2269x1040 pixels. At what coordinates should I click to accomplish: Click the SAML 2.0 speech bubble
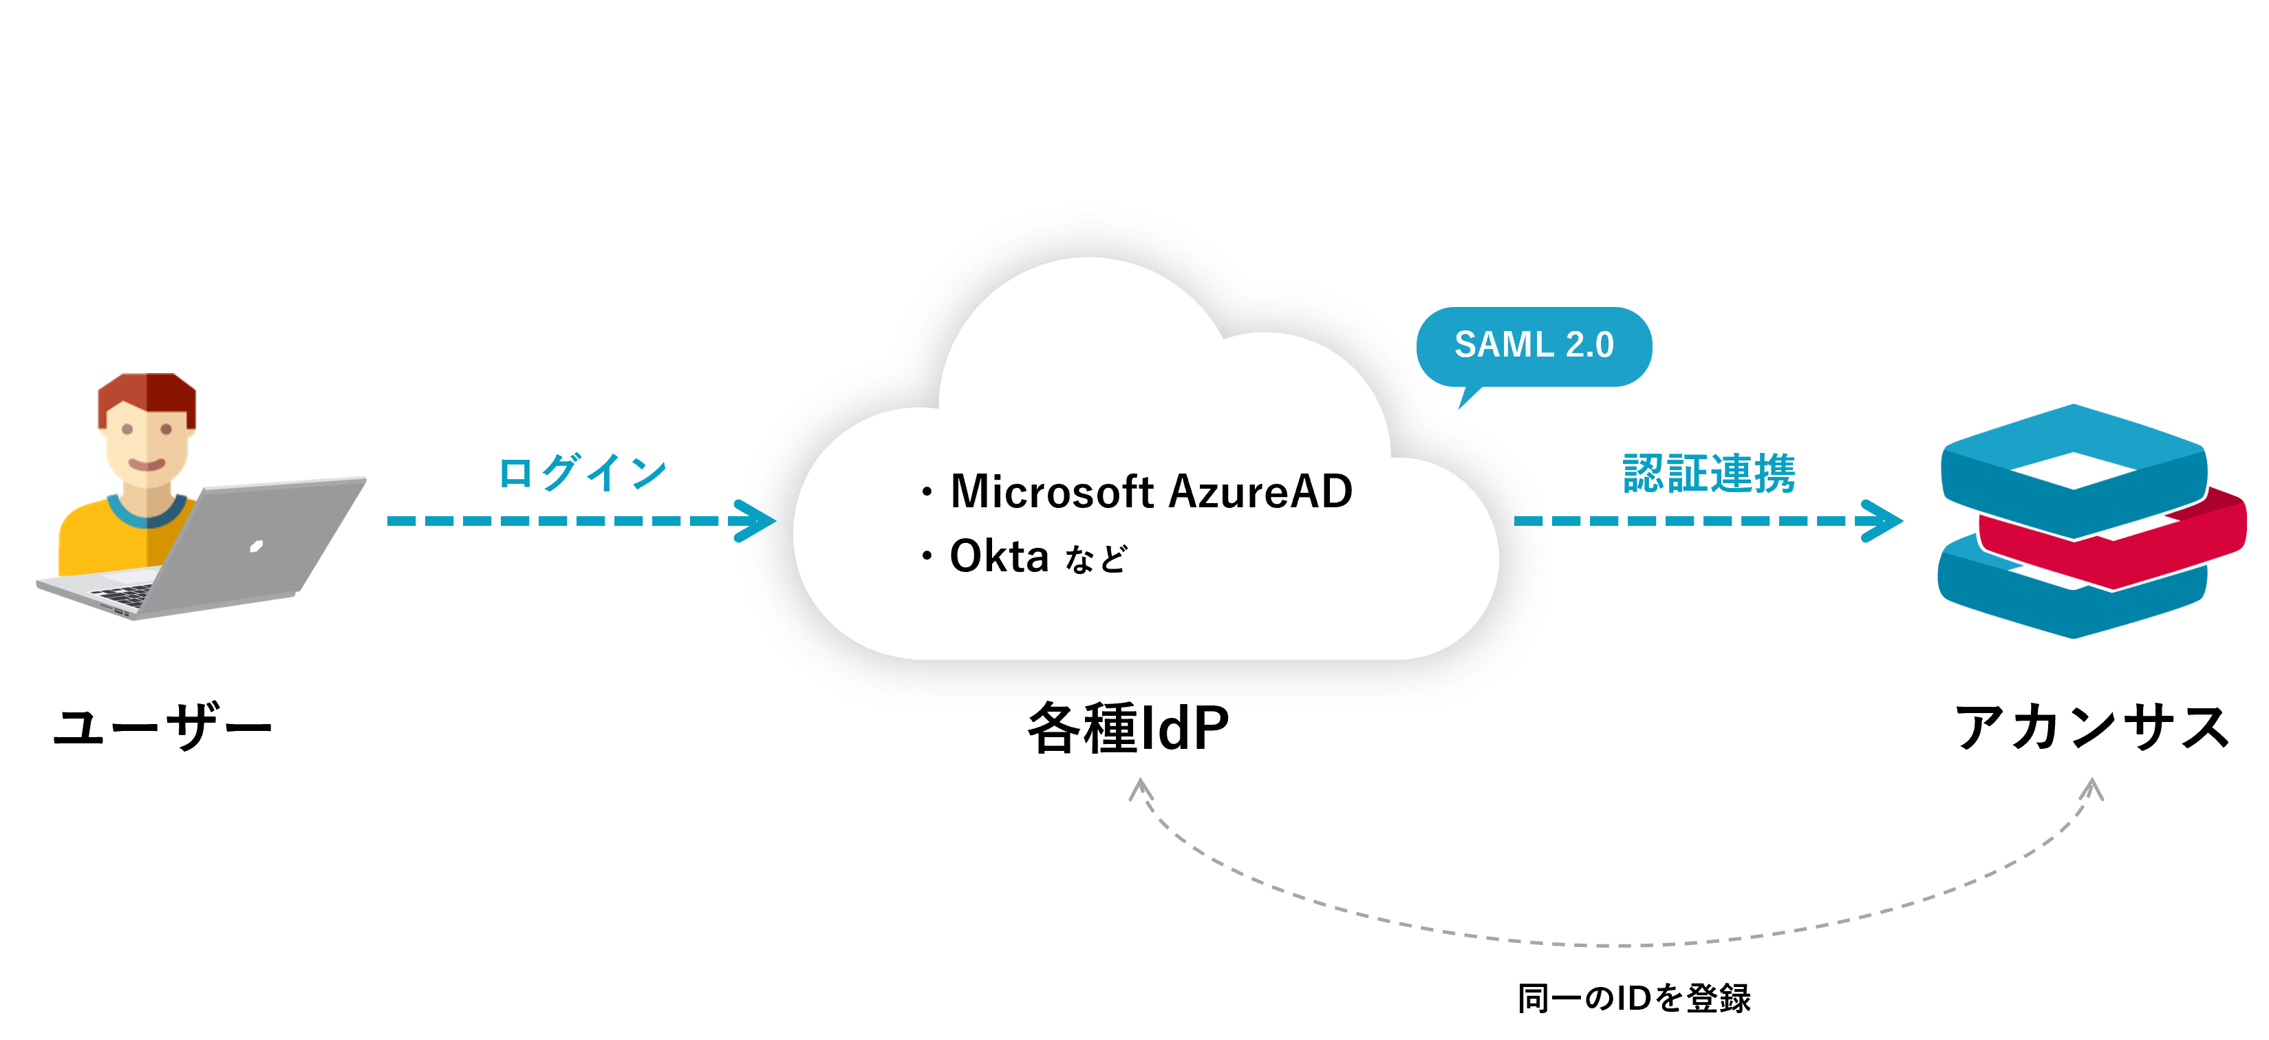tap(1534, 346)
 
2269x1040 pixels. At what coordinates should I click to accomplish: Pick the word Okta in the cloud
tap(999, 557)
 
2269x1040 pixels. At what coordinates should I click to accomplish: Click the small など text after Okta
tap(1096, 560)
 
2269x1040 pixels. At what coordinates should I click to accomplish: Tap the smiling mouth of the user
tap(147, 465)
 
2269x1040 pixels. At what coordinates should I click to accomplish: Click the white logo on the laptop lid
tap(257, 546)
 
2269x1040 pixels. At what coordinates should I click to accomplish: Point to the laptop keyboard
tap(123, 595)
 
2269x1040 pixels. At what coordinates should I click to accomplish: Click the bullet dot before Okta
tap(927, 557)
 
